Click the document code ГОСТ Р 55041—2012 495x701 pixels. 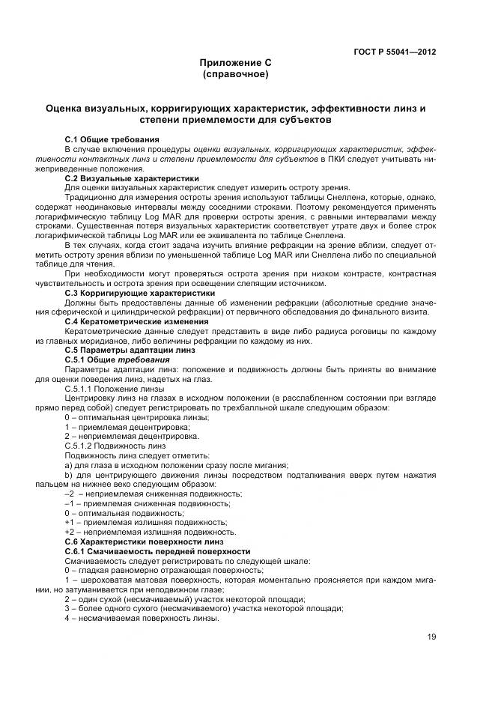pyautogui.click(x=394, y=52)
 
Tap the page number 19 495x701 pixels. pyautogui.click(x=431, y=637)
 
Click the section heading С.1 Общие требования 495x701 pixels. pyautogui.click(x=112, y=140)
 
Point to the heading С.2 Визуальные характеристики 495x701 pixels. pyautogui.click(x=132, y=179)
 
